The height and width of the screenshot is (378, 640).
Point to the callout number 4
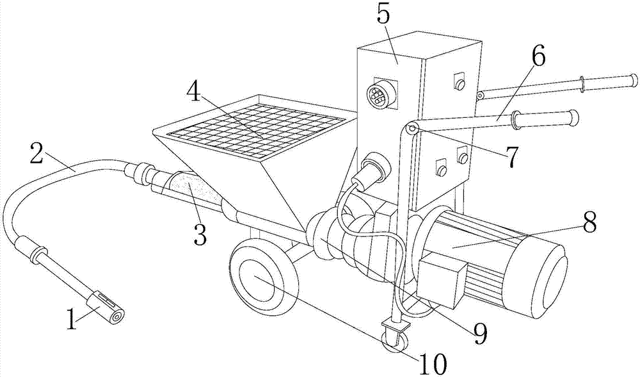click(194, 95)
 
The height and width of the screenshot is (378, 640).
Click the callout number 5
click(384, 15)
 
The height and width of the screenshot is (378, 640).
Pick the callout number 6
click(538, 56)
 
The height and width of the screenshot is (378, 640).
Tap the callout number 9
click(479, 333)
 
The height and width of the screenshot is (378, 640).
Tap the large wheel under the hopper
click(263, 279)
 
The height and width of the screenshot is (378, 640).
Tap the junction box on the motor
click(442, 279)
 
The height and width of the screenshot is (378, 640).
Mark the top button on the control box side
click(460, 82)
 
